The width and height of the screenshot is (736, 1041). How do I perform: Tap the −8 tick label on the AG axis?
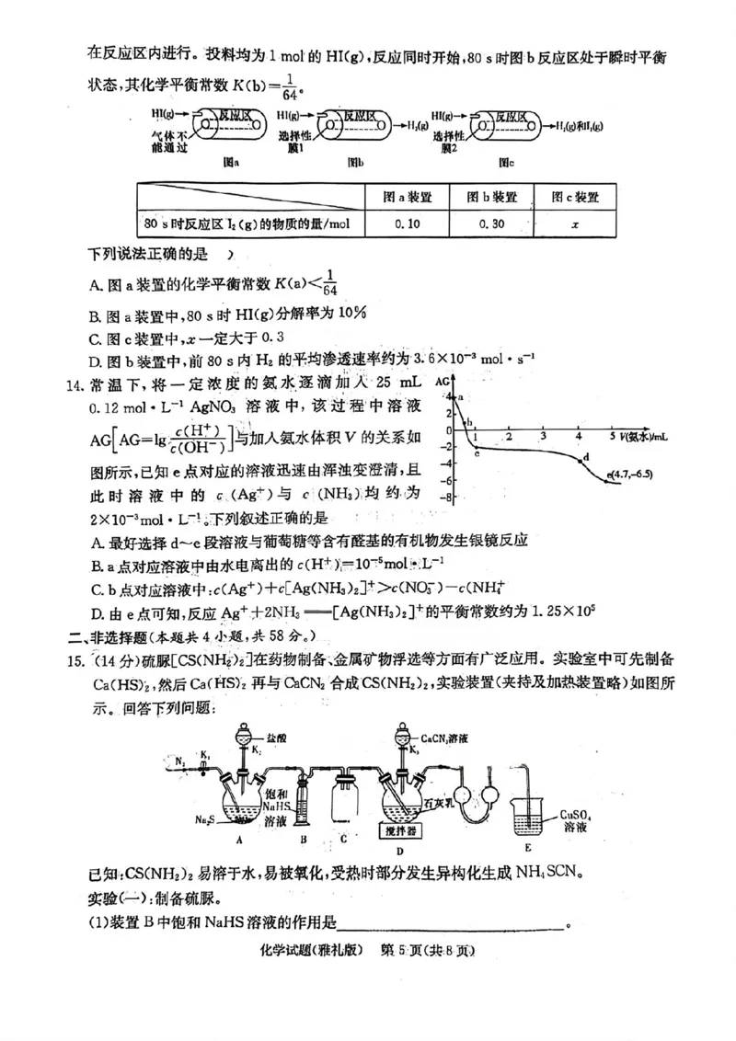tap(443, 498)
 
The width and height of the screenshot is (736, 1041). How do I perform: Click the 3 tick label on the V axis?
tap(545, 435)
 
